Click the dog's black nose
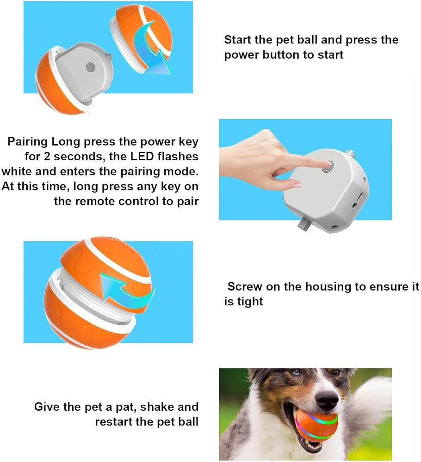click(x=328, y=400)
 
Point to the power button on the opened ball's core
click(x=90, y=67)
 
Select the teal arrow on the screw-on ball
click(x=127, y=291)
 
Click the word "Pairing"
click(x=27, y=142)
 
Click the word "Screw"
click(x=245, y=286)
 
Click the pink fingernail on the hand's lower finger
click(x=296, y=185)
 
